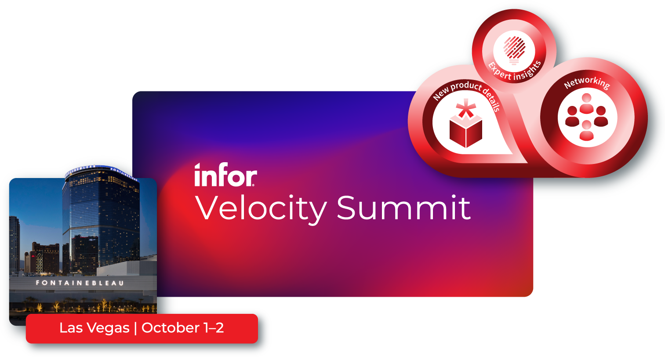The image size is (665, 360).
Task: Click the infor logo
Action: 225,175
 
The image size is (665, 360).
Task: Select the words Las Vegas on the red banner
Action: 94,328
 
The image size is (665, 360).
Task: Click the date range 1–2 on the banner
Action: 214,328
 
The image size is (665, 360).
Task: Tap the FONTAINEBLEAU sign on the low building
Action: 80,283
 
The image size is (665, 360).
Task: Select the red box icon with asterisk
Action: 466,131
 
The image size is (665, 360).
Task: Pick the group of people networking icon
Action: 587,118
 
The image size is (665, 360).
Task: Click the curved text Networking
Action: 587,82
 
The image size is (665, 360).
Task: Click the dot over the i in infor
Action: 198,166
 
